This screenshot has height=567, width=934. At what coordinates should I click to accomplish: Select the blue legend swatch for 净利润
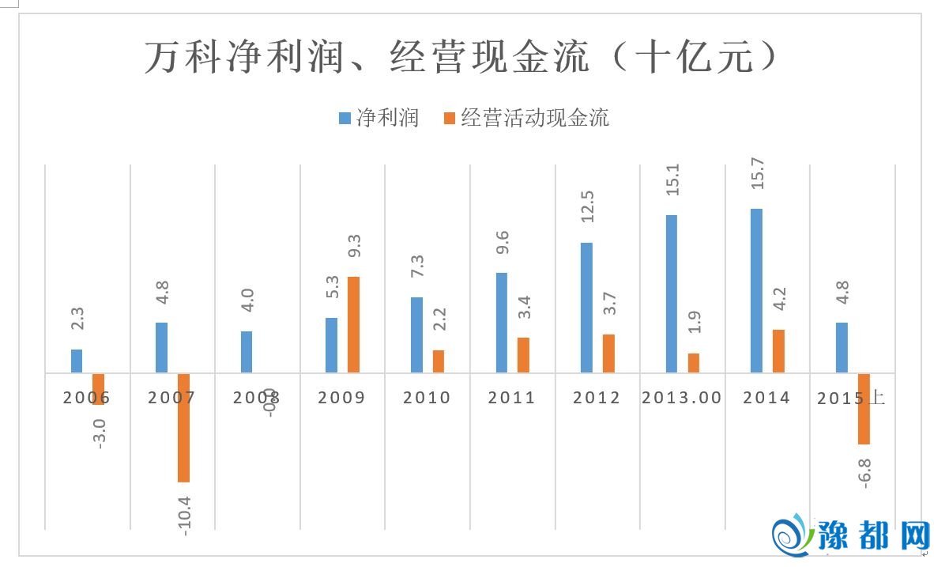click(345, 119)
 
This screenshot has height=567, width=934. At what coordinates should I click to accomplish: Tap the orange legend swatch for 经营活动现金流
click(449, 119)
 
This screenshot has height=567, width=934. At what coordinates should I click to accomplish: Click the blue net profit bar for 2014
click(756, 290)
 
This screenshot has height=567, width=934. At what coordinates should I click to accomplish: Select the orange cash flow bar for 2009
click(353, 324)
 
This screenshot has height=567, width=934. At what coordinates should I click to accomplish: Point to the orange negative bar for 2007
click(183, 428)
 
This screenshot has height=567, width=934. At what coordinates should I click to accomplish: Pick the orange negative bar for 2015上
click(864, 409)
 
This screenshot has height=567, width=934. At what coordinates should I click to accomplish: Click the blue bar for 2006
click(77, 361)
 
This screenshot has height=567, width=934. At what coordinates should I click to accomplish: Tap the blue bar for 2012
click(586, 307)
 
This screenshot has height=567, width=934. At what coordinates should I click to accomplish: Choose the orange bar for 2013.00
click(694, 363)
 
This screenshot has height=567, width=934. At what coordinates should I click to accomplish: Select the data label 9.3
click(355, 246)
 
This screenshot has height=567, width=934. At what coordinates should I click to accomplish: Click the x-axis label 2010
click(427, 398)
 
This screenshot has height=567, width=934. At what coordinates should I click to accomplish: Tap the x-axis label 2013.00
click(682, 398)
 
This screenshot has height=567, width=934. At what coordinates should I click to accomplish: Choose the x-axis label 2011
click(511, 398)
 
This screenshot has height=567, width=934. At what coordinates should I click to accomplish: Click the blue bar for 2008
click(247, 352)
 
